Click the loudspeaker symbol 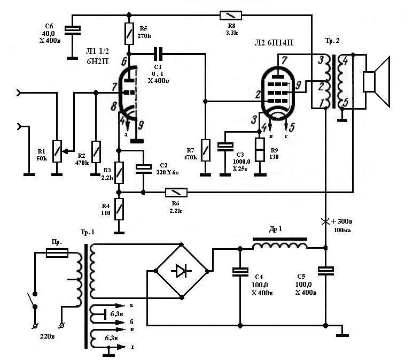(x=376, y=82)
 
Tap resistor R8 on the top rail (x=230, y=16)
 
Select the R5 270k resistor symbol (x=129, y=34)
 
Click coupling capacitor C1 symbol (x=158, y=54)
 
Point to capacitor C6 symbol (x=73, y=30)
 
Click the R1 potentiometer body (x=57, y=151)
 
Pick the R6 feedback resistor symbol (x=176, y=193)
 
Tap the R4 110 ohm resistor (x=119, y=209)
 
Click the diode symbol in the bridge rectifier (x=182, y=271)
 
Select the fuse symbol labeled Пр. (x=57, y=252)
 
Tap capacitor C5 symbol (x=326, y=271)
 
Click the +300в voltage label (x=341, y=221)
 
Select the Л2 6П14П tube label (x=274, y=43)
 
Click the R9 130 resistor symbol (x=260, y=149)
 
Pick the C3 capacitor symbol (x=225, y=147)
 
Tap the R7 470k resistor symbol (x=206, y=150)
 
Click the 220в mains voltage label (x=48, y=336)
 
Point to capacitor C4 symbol (x=240, y=272)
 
